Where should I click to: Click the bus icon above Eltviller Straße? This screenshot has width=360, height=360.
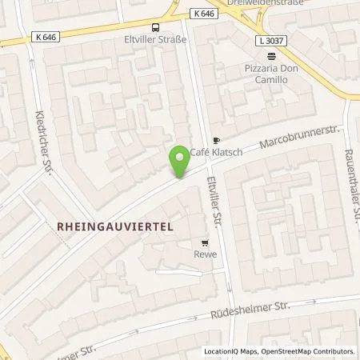(154, 24)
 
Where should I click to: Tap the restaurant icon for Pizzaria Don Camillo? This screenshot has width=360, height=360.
(271, 56)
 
